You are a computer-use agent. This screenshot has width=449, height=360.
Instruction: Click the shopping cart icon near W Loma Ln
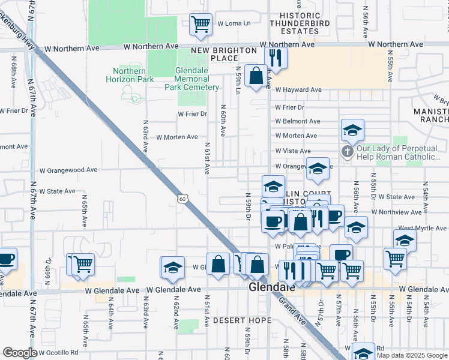[200, 25]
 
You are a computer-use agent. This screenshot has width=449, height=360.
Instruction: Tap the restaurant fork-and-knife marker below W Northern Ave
[276, 58]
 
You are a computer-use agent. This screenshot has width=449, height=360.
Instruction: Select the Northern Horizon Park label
[130, 75]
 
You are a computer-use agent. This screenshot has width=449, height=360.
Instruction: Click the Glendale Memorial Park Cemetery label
[192, 79]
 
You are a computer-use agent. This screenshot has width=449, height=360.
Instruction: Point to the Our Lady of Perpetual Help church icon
[347, 152]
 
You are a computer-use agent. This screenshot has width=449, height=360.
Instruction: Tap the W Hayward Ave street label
[298, 90]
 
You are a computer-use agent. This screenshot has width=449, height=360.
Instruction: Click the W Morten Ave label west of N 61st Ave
[176, 137]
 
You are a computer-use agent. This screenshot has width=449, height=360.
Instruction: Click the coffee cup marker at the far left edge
[6, 259]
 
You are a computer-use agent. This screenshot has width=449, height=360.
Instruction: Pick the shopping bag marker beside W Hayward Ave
[256, 76]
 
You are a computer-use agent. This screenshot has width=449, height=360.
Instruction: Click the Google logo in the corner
[20, 353]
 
